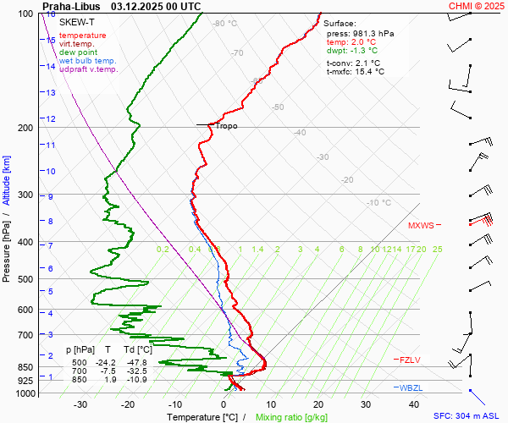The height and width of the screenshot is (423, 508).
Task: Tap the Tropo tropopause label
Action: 226,126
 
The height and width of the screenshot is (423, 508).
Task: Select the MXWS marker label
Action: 421,226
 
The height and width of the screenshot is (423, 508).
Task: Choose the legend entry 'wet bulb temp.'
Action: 87,61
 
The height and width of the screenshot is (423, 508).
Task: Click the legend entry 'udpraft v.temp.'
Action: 88,69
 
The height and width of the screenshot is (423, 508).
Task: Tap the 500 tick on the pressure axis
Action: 25,279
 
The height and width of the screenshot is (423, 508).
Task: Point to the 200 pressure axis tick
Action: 25,128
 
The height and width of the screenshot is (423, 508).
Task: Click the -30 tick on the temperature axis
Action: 81,404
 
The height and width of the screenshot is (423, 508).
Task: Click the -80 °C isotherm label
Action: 225,24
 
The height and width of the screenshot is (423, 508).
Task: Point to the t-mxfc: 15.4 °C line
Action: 356,72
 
